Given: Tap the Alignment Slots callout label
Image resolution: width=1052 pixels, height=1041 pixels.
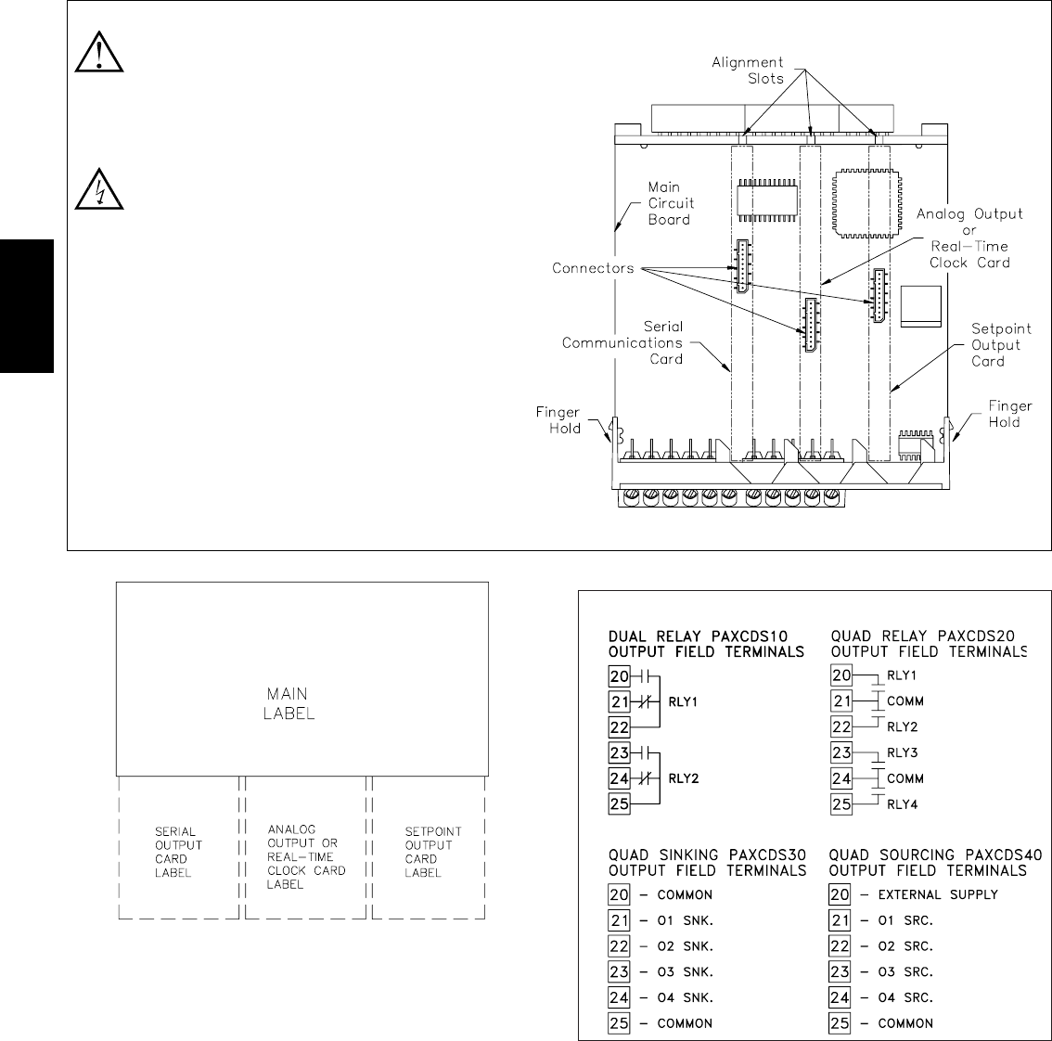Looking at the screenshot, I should [x=748, y=71].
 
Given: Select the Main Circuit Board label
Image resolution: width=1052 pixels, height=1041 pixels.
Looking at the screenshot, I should [x=669, y=203].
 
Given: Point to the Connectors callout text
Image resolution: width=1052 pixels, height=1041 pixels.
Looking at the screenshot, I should [x=593, y=268].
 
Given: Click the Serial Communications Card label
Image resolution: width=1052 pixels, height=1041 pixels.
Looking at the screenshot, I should [x=622, y=342].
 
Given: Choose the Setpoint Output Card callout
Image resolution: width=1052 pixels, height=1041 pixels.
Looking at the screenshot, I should [x=1001, y=344].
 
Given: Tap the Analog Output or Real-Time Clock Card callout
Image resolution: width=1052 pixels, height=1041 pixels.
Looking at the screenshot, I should [x=969, y=238].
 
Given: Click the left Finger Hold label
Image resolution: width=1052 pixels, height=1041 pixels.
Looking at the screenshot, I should [x=558, y=420].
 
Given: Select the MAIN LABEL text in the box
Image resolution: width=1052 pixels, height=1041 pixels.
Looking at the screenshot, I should [x=289, y=703].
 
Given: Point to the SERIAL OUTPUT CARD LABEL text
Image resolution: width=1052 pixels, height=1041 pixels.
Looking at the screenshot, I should [x=178, y=853].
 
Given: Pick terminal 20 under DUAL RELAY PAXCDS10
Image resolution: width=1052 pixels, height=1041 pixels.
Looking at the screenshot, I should [x=619, y=676].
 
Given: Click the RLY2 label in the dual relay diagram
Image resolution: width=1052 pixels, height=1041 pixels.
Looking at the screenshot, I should [x=682, y=778].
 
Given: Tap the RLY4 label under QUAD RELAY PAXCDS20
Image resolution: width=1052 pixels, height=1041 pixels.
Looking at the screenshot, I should [x=902, y=804].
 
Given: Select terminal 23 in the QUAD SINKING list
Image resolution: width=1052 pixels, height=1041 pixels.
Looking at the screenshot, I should [x=619, y=971].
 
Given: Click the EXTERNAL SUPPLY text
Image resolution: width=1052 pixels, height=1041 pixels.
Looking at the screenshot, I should [x=937, y=894].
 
